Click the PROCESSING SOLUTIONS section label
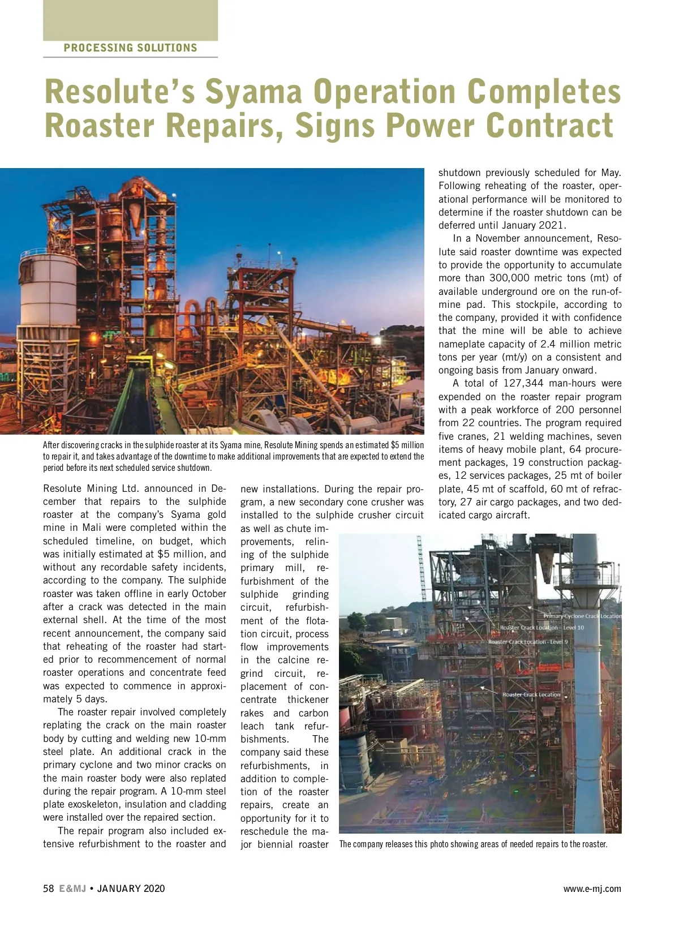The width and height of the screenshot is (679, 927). point(130,48)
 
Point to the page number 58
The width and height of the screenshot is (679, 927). point(48,889)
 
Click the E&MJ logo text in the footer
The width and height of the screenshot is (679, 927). point(72,889)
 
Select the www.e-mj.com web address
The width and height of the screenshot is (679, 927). point(592,889)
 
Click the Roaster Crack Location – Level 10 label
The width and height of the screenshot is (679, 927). point(542,628)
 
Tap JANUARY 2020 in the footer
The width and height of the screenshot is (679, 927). point(131,889)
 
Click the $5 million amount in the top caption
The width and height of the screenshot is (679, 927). point(407,445)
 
